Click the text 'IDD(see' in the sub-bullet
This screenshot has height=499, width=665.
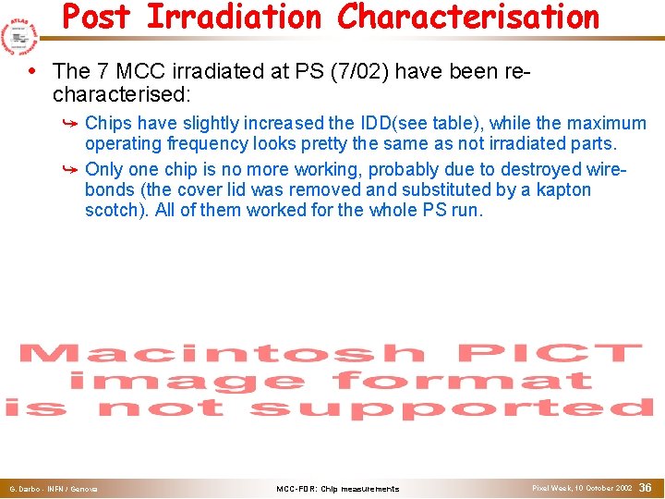pos(403,123)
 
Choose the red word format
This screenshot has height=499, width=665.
pos(463,381)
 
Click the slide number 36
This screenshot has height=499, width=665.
pos(646,487)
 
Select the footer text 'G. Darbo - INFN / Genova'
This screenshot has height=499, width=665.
pos(54,489)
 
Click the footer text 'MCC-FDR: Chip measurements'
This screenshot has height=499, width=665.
pos(338,489)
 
